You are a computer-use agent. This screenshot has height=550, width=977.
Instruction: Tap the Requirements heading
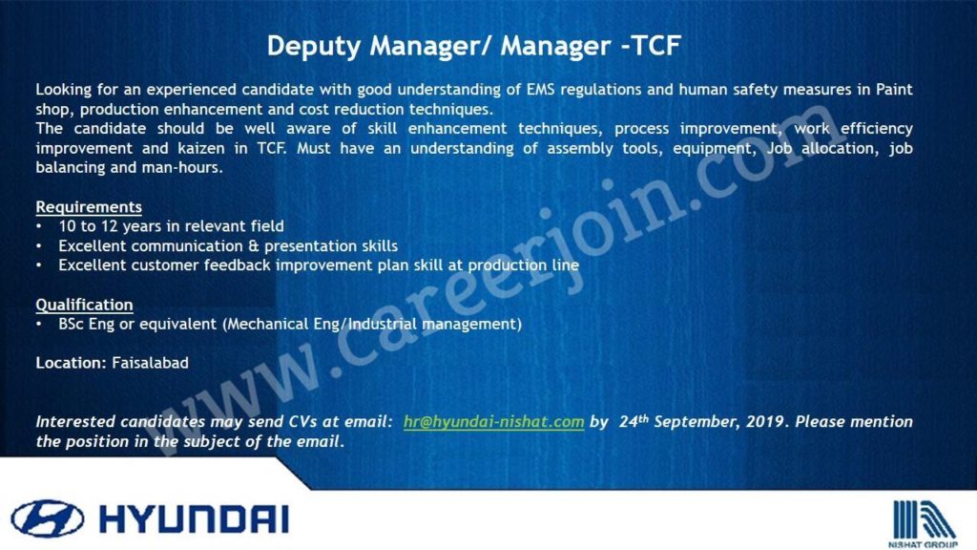tap(89, 206)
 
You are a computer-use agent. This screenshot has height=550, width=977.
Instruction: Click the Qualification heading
tap(84, 305)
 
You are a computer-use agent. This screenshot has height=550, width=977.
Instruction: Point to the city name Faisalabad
tap(150, 363)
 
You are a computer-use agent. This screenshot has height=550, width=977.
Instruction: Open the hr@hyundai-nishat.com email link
tap(493, 421)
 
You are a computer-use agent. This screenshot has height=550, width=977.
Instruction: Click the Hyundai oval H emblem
tap(48, 518)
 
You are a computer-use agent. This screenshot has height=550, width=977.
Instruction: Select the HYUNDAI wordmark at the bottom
tap(194, 519)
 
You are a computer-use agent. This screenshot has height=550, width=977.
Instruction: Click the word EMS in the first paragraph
tap(540, 89)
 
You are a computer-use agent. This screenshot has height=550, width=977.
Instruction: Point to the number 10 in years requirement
tap(67, 226)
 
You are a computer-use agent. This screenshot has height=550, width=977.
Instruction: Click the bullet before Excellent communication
tap(39, 246)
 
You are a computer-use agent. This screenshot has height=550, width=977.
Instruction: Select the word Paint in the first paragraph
tap(894, 89)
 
